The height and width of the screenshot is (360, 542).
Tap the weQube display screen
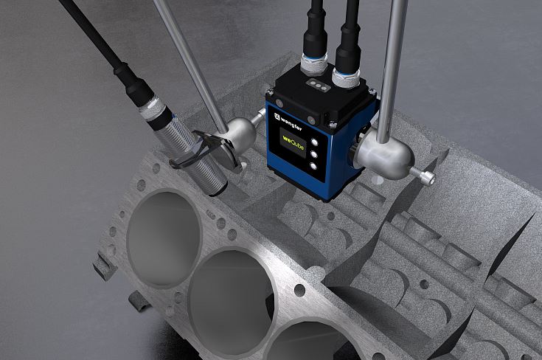coord(293,143)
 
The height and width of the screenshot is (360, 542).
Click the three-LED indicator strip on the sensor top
coord(317,85)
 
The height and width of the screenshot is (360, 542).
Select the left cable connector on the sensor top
coord(313,64)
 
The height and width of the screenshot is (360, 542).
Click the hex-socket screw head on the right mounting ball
coord(427,178)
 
